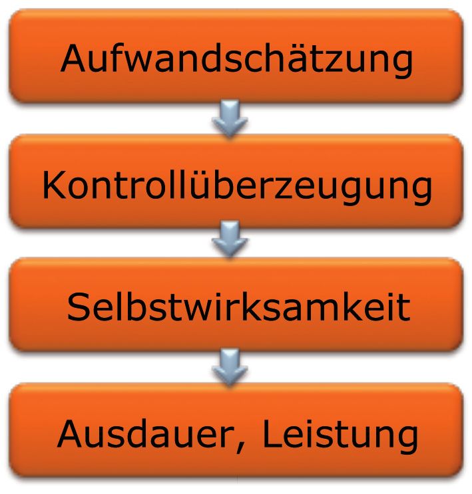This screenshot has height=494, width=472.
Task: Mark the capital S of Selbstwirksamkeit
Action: tap(79, 308)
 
